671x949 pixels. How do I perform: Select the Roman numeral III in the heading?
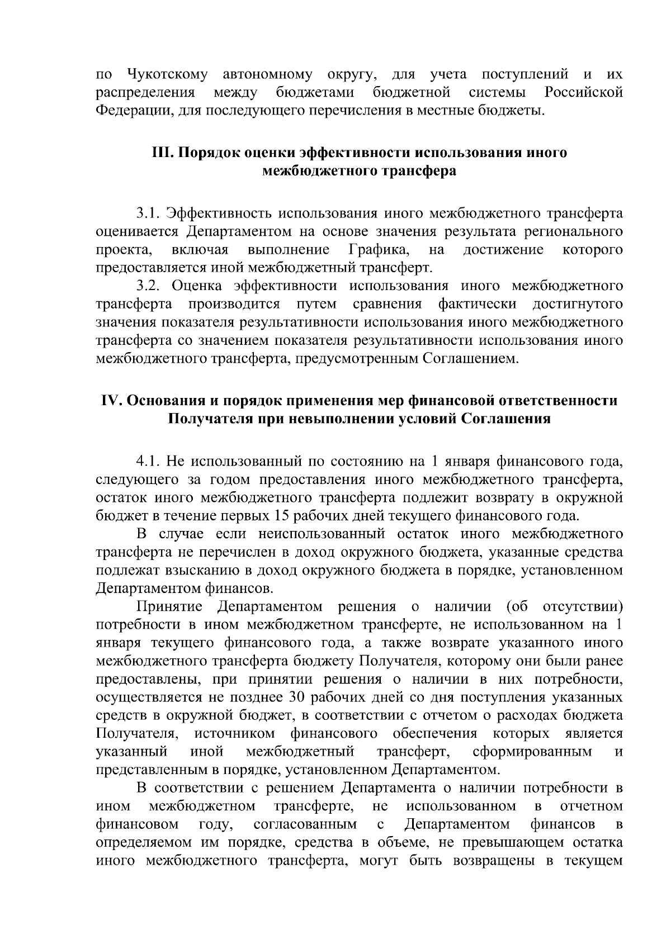pos(162,153)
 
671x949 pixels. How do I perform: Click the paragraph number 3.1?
pos(148,213)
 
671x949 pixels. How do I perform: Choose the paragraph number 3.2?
pos(148,286)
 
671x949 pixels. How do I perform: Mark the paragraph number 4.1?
pos(148,462)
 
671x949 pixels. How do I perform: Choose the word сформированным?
pos(532,752)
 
